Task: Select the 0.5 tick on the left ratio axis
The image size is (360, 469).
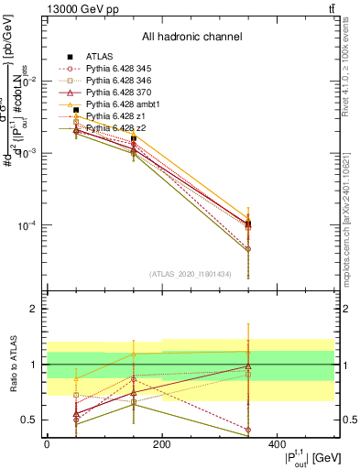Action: coord(29,420)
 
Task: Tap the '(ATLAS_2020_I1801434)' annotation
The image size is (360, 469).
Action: coord(191,274)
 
